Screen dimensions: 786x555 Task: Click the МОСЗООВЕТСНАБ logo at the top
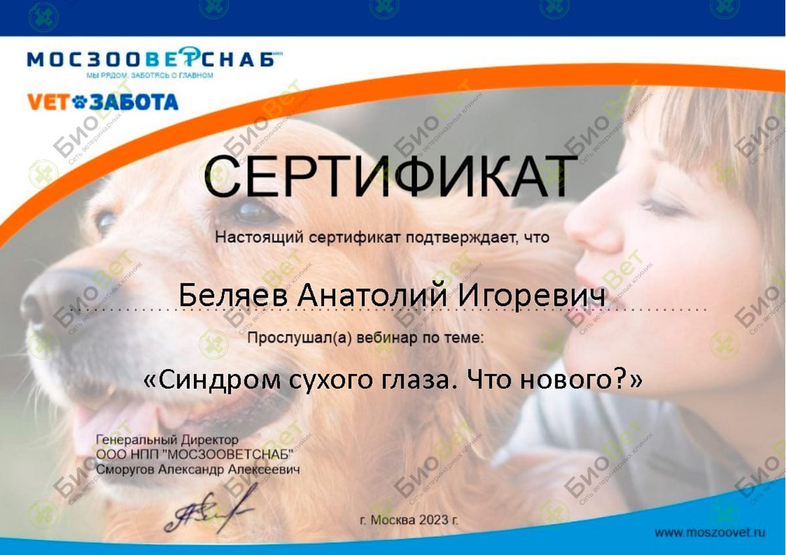[155, 58]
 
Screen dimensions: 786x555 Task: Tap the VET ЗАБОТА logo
[103, 102]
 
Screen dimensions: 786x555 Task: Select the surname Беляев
[233, 295]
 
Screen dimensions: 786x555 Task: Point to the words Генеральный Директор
[168, 439]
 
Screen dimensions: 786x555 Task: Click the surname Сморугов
[125, 469]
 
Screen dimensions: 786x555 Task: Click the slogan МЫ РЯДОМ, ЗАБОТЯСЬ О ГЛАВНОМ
[150, 75]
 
